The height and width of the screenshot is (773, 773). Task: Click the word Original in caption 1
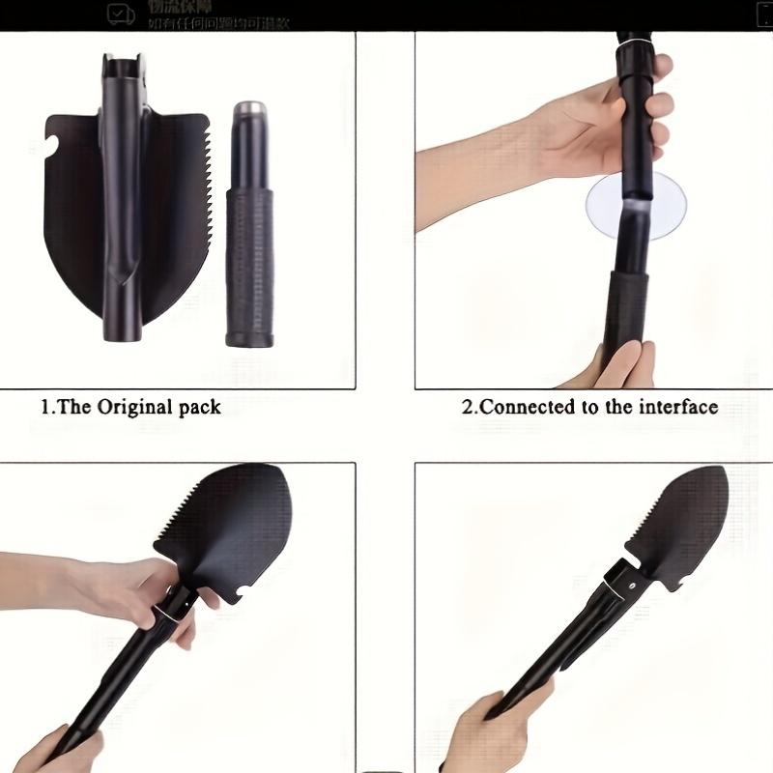click(x=134, y=407)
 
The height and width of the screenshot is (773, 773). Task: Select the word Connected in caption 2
click(x=528, y=407)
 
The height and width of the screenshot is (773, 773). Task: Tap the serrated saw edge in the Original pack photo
click(x=199, y=193)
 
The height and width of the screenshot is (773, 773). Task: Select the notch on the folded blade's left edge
click(x=52, y=147)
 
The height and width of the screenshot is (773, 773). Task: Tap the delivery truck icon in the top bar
click(x=121, y=14)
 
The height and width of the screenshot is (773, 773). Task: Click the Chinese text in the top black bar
click(x=217, y=14)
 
